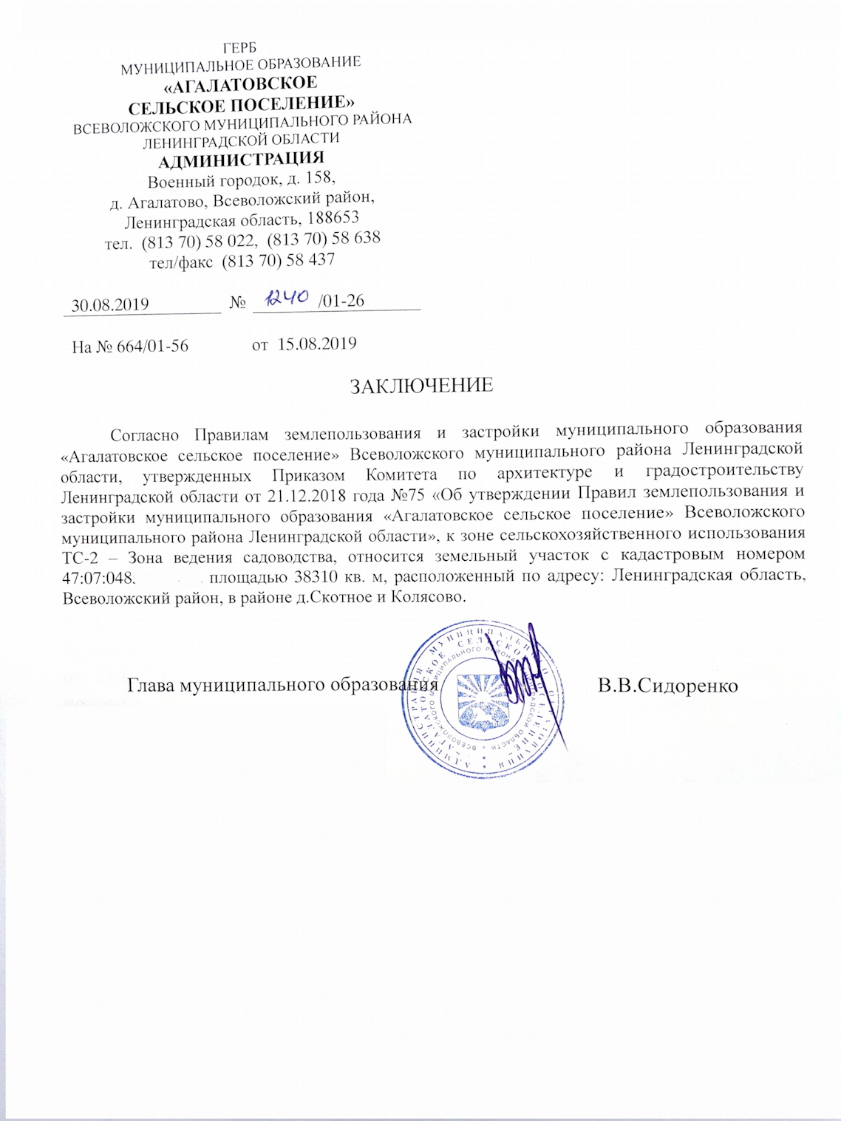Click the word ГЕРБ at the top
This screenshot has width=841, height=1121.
click(240, 45)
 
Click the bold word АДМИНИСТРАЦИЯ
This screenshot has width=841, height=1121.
click(241, 158)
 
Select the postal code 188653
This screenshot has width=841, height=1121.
click(330, 219)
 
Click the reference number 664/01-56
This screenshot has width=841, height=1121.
click(151, 346)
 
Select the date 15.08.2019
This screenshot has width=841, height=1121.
click(317, 344)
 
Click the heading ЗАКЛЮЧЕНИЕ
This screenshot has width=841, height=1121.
click(421, 386)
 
